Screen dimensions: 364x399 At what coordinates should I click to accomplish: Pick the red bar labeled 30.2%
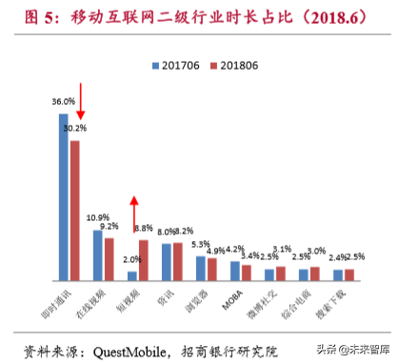75,210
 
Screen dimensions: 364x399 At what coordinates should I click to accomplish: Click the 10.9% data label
97,217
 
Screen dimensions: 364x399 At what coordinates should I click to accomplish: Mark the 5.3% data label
199,244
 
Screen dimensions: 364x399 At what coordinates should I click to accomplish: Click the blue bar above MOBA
234,268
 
